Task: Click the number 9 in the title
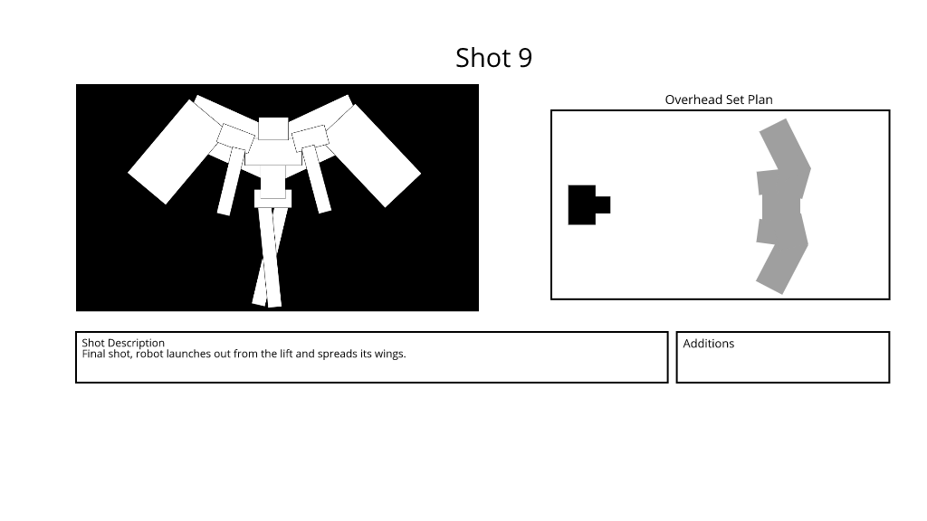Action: click(x=525, y=58)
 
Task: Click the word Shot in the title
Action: click(x=483, y=58)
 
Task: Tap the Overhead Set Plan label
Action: click(x=718, y=99)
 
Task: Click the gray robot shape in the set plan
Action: click(x=781, y=206)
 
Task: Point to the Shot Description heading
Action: click(x=123, y=343)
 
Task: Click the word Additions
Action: click(x=708, y=343)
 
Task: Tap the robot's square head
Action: click(x=273, y=128)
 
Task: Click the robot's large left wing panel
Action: click(x=168, y=152)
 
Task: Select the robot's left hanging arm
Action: click(x=231, y=182)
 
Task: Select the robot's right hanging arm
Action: click(x=317, y=180)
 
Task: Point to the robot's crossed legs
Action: click(x=270, y=257)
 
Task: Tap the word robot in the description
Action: click(x=149, y=354)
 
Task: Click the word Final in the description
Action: click(x=93, y=354)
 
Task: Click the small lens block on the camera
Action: click(x=603, y=205)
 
